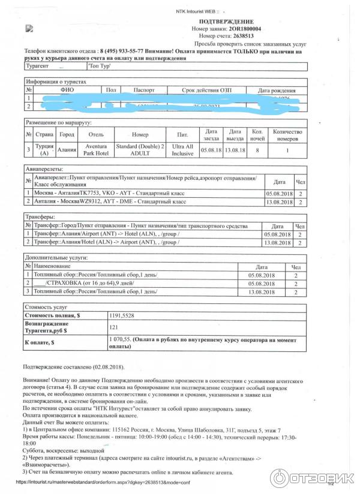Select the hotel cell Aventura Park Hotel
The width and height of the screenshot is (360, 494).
95,150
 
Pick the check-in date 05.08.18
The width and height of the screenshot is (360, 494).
211,150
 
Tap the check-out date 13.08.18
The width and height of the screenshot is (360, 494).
235,150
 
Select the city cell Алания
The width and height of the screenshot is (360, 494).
67,150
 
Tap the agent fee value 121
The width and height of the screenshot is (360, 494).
113,327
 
